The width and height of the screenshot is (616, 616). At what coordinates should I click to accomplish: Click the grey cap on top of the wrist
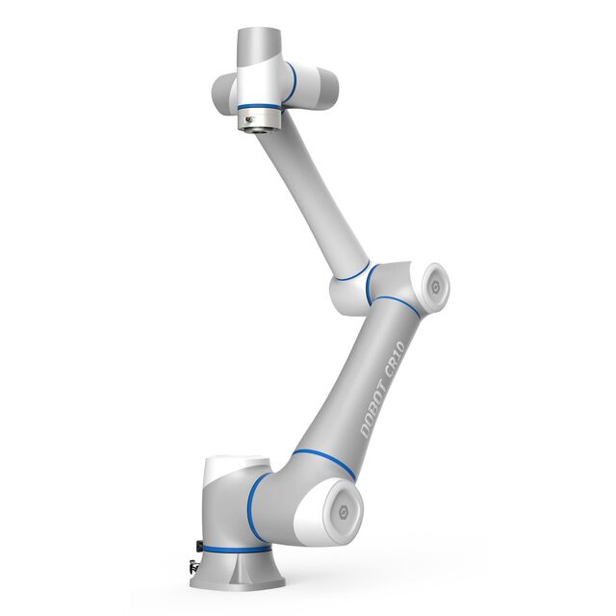pos(258,43)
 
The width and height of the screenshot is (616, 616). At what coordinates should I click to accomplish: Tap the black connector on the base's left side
pos(198,547)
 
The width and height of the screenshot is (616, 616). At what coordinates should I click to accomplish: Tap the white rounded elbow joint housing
pos(351,293)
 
